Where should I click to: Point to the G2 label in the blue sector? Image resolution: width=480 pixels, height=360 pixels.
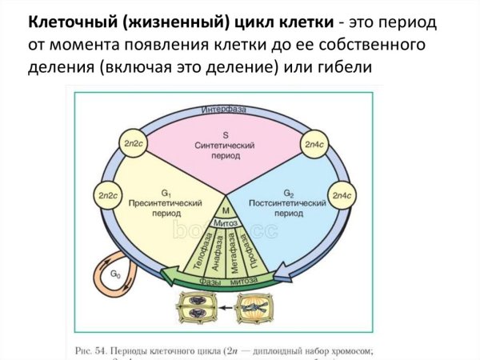[290, 193]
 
